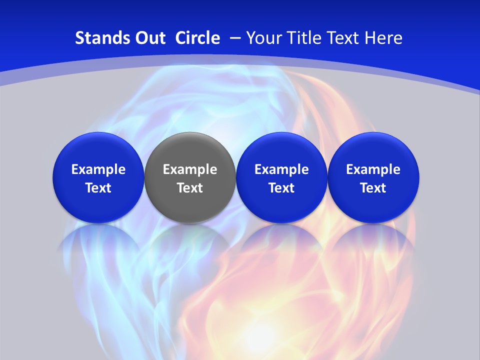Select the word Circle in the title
(197, 38)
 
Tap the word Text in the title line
(345, 38)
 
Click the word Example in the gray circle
(190, 169)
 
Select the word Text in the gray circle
(190, 188)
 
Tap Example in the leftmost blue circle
(98, 169)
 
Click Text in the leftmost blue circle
(98, 188)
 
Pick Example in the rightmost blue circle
(373, 169)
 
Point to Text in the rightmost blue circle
(373, 188)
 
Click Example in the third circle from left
(281, 169)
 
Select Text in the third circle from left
(281, 188)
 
